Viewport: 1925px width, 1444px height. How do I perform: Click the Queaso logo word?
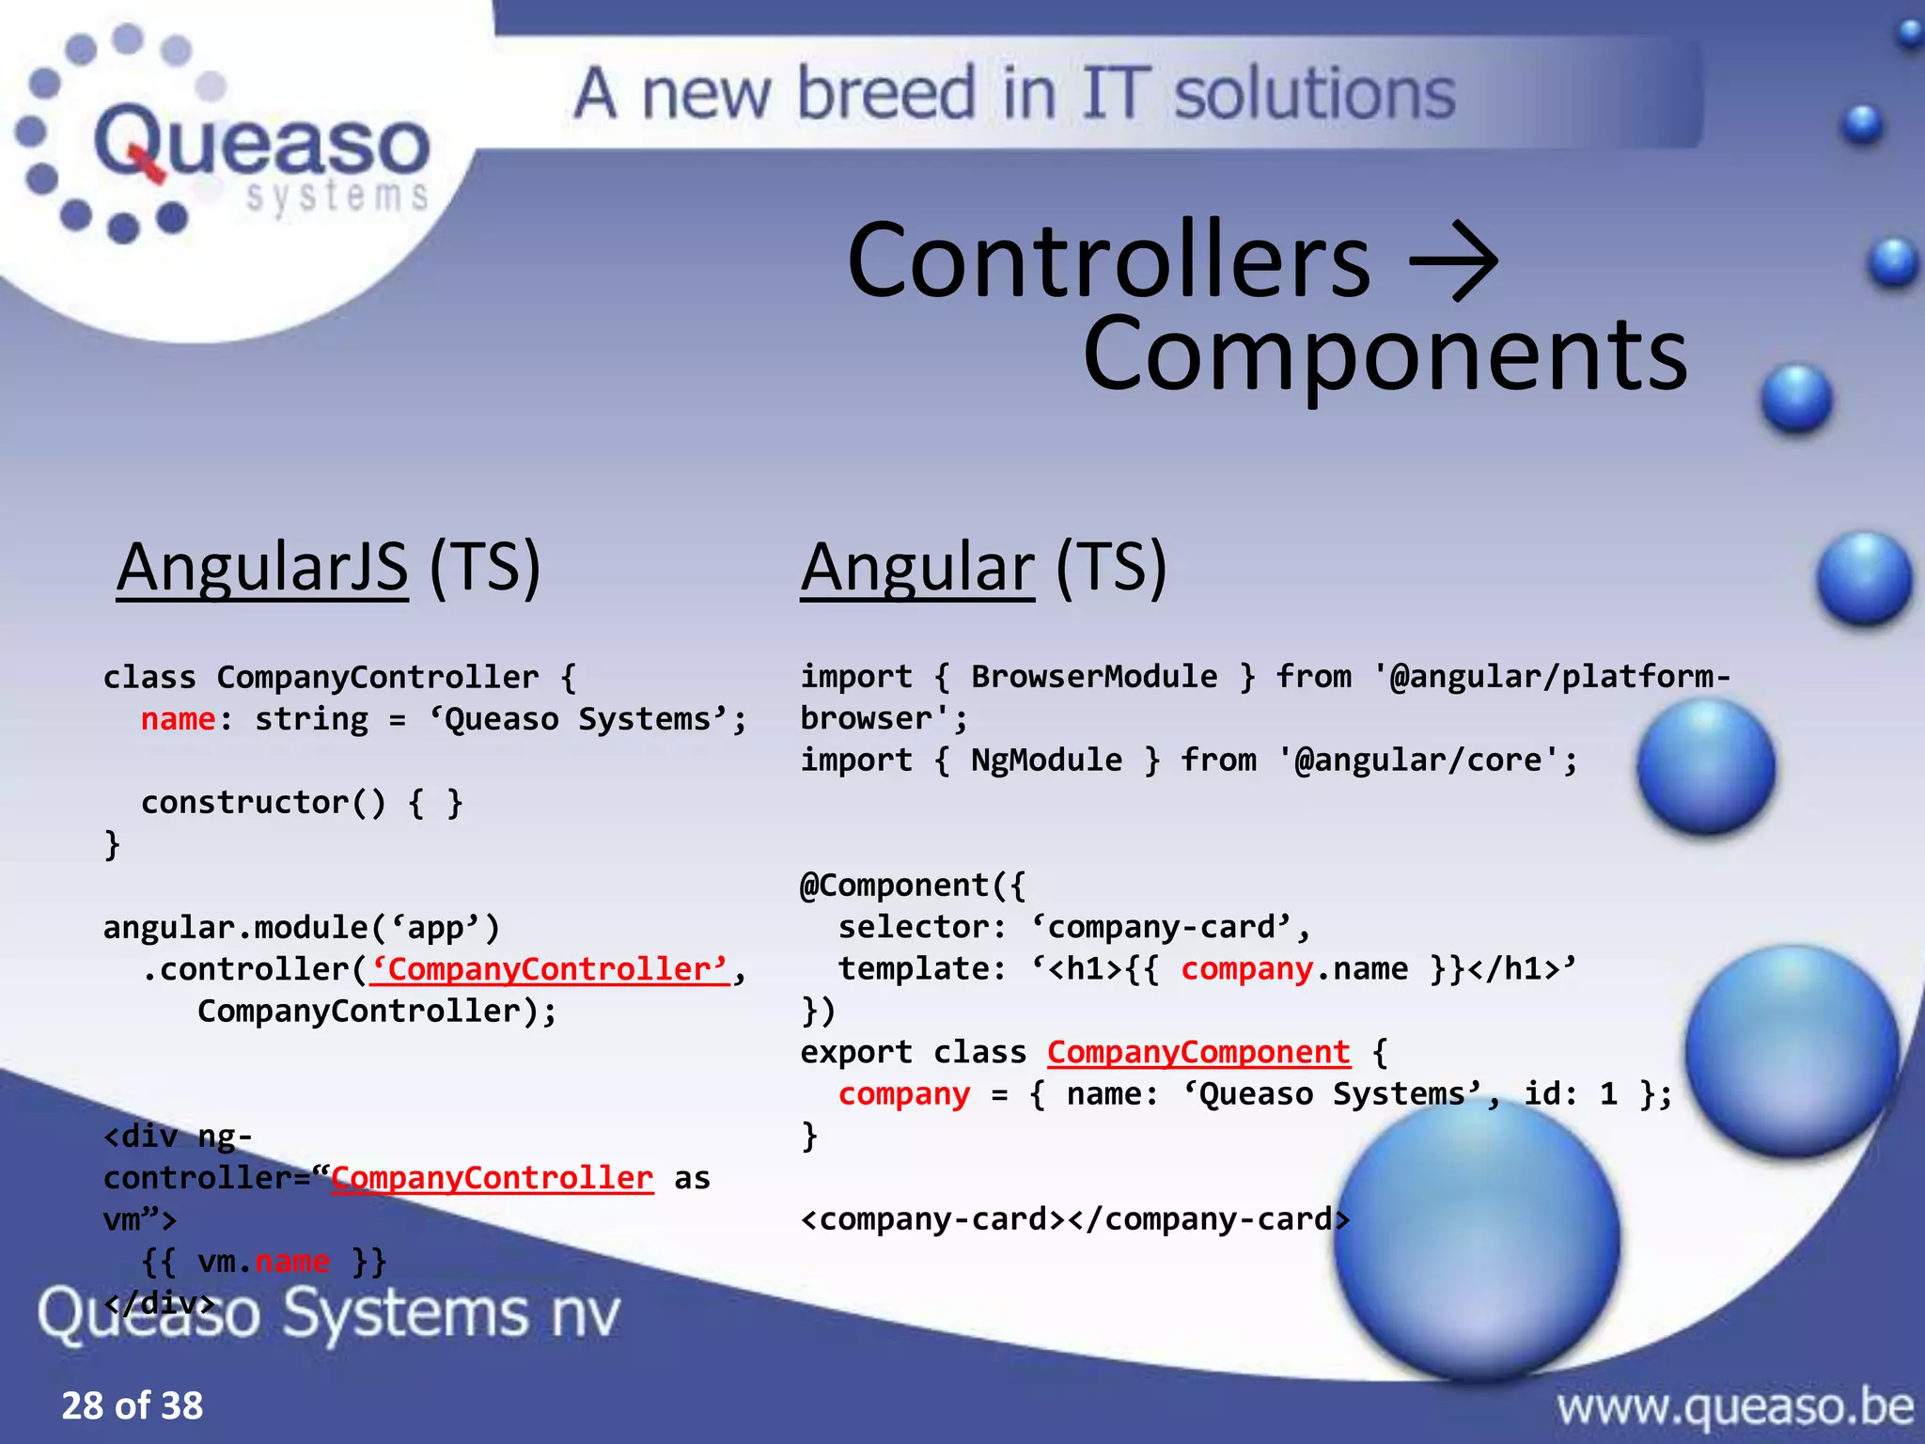tap(261, 144)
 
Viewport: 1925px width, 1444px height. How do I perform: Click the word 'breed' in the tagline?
tap(885, 93)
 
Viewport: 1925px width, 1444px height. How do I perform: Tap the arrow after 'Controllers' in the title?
tap(1454, 260)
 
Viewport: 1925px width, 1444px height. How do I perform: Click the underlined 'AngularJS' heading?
tap(262, 567)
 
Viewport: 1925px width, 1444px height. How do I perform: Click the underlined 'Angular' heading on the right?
tap(916, 567)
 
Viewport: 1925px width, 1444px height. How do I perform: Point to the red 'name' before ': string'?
tap(178, 719)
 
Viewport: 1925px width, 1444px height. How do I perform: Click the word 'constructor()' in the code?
tap(263, 803)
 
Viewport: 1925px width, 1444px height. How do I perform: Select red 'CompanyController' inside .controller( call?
tap(550, 969)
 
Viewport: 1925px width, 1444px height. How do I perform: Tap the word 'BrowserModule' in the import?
tap(1093, 677)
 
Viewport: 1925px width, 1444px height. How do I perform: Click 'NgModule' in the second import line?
tap(1046, 760)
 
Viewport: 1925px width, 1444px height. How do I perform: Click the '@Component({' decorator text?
tap(912, 886)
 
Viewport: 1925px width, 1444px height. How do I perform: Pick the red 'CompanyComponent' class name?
tap(1198, 1052)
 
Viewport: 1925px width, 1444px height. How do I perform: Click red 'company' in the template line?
tap(1246, 969)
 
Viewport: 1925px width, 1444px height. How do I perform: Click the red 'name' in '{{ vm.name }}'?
tap(292, 1261)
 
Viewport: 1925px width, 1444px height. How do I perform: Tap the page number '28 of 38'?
tap(133, 1405)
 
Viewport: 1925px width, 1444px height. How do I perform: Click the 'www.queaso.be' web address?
tap(1734, 1407)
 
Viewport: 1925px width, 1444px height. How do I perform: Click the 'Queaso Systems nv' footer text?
tap(329, 1313)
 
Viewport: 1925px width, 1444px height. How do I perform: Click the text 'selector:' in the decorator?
tap(922, 928)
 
